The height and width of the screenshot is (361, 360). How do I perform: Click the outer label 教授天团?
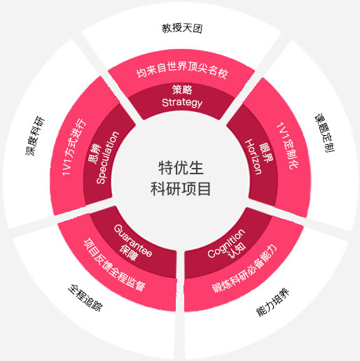pos(182,28)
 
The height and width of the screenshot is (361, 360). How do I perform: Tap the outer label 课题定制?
pos(325,133)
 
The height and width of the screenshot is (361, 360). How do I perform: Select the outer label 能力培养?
pos(273,302)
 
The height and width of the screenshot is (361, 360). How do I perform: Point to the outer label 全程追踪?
pos(85,298)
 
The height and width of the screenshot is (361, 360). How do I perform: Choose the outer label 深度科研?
pos(35,136)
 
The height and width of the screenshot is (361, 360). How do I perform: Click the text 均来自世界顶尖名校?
pos(182,69)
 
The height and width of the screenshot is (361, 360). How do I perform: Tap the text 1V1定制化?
pos(288,145)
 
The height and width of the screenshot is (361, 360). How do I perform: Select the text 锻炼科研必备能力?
pos(244,269)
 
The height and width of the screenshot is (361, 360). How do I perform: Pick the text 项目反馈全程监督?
pos(115,264)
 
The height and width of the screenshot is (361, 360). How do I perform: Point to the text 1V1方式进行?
pos(74,147)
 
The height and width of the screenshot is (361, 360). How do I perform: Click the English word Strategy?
pos(182,103)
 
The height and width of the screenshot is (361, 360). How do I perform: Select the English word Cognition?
pos(226,243)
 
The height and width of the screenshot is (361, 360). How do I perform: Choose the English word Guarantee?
pos(133,241)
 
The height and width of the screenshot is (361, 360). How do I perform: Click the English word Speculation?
pos(108,158)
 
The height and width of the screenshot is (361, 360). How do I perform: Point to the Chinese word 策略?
pos(182,90)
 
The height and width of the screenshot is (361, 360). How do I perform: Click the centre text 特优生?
pos(181,168)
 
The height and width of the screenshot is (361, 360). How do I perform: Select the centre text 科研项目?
pos(181,189)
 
